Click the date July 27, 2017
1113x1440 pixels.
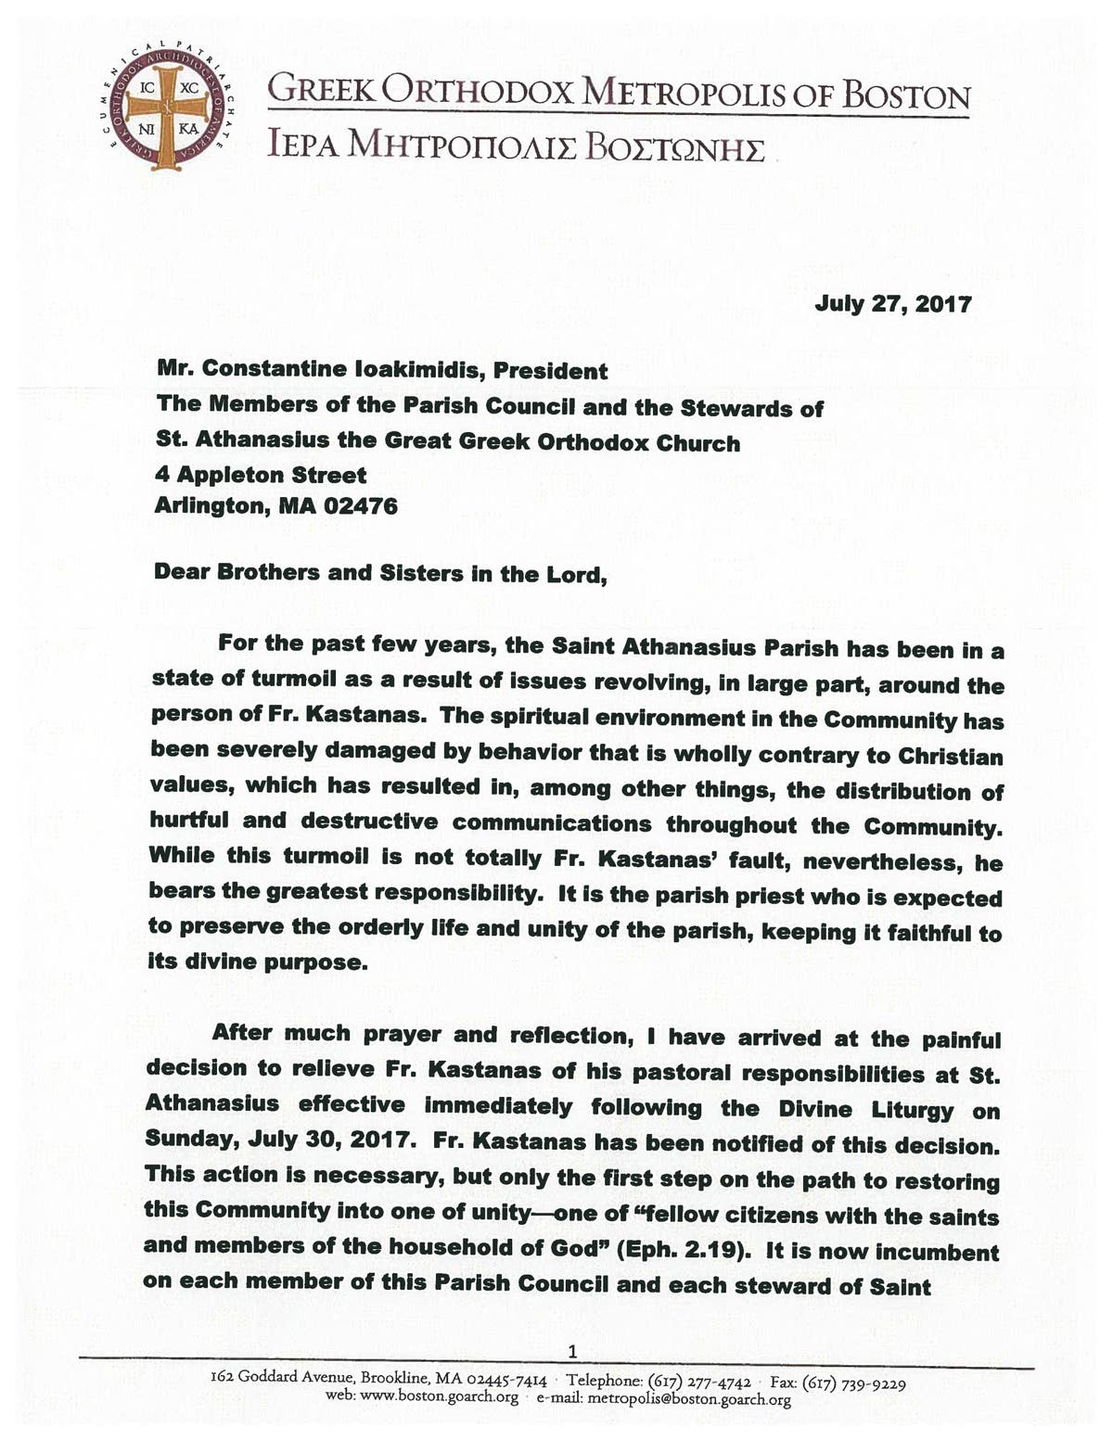pyautogui.click(x=893, y=303)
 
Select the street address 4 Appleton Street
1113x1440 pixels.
pyautogui.click(x=261, y=475)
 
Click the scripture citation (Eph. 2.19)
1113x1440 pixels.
pyautogui.click(x=682, y=1248)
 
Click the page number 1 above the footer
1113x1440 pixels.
pyautogui.click(x=572, y=1349)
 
